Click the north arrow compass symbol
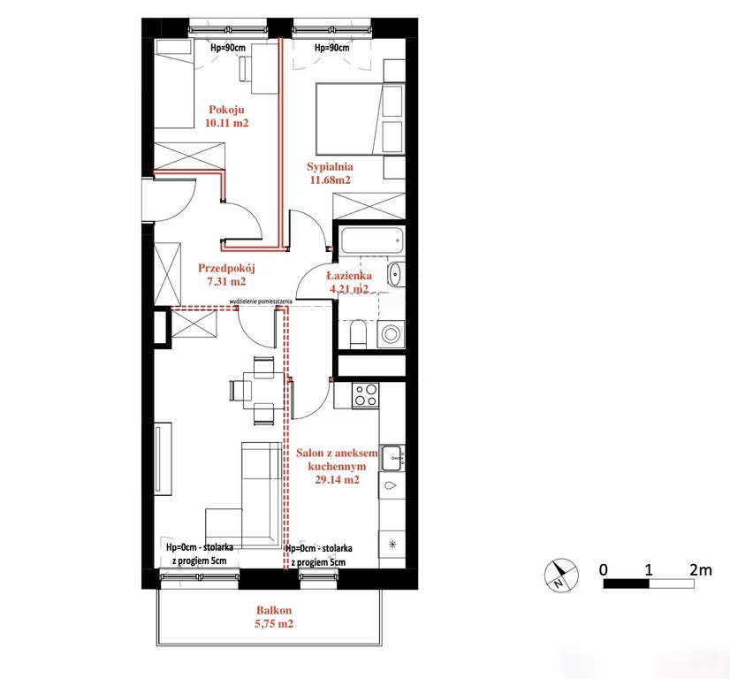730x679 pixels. (561, 576)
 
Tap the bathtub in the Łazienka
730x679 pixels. (371, 240)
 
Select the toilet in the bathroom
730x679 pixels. (359, 333)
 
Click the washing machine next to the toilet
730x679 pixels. (390, 334)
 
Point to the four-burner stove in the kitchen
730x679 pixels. (366, 395)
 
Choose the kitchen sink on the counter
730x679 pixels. (393, 458)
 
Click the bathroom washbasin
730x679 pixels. (395, 274)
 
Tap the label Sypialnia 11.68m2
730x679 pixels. (330, 172)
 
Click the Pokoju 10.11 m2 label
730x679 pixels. (227, 116)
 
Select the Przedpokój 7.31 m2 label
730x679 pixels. (227, 274)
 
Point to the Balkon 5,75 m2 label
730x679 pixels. (274, 616)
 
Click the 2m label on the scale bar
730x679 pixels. (701, 569)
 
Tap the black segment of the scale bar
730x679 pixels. (627, 584)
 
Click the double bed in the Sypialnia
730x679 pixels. (360, 118)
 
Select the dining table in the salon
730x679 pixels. (263, 390)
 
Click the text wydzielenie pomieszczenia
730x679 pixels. (261, 301)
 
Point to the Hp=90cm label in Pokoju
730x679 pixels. (228, 48)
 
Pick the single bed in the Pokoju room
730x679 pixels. (174, 84)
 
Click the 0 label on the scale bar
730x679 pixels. (604, 569)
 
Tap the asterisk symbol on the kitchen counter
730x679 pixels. (392, 544)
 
